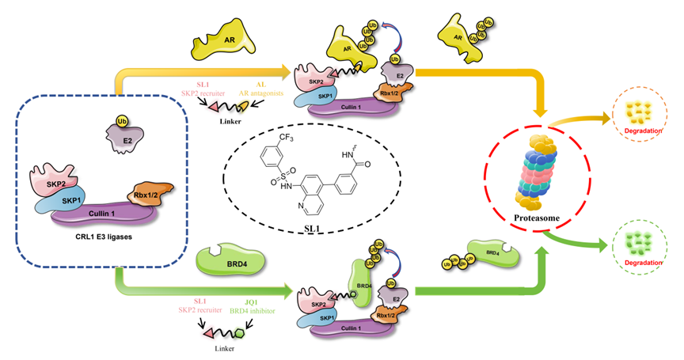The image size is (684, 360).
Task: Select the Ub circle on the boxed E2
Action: coord(121,123)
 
